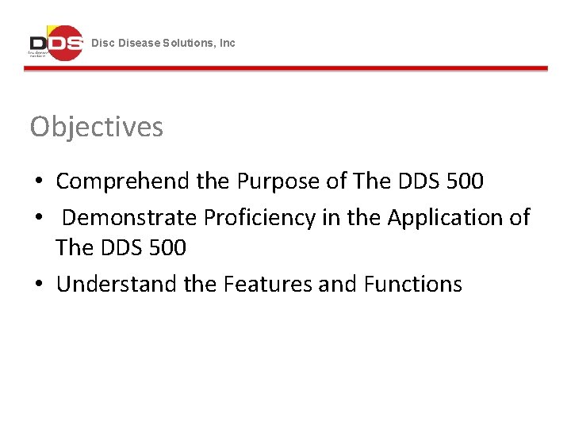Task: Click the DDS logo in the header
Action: pos(56,43)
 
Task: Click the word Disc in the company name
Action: pos(102,43)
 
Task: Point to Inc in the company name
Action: pos(228,43)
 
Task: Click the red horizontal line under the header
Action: pos(285,69)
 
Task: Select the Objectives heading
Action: pos(97,127)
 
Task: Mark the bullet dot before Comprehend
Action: pos(38,182)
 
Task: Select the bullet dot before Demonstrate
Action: pos(38,217)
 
